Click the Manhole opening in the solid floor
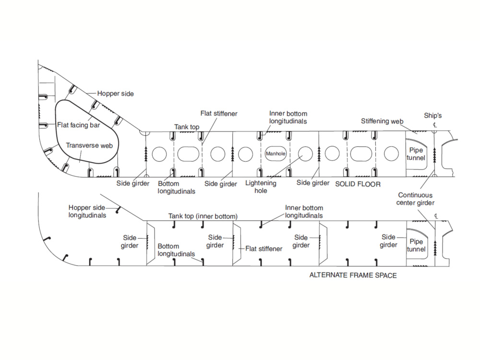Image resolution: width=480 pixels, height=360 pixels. click(x=276, y=154)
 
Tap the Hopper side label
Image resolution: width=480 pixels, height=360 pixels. click(x=115, y=94)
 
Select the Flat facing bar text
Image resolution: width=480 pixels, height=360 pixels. click(x=78, y=125)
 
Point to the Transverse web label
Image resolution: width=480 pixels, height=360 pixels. click(x=89, y=145)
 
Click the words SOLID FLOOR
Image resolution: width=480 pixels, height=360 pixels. click(x=358, y=184)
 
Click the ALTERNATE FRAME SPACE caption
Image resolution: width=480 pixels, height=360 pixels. click(x=353, y=276)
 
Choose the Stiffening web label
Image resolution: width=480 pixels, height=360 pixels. click(x=382, y=121)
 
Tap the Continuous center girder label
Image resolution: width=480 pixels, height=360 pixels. click(x=415, y=199)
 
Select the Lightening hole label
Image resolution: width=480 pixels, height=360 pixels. click(x=261, y=187)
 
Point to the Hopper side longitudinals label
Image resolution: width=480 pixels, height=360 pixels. click(x=87, y=211)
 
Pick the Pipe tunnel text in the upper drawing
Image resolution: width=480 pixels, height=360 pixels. click(x=416, y=154)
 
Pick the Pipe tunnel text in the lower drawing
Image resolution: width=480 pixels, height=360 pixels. click(x=416, y=245)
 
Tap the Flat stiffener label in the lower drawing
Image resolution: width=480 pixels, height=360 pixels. click(x=264, y=249)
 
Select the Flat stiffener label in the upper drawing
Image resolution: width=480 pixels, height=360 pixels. click(x=219, y=114)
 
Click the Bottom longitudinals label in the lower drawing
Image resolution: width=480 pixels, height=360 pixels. click(x=176, y=250)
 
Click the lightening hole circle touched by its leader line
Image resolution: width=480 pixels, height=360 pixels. click(x=304, y=154)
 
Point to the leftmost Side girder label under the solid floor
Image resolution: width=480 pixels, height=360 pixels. click(x=132, y=183)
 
